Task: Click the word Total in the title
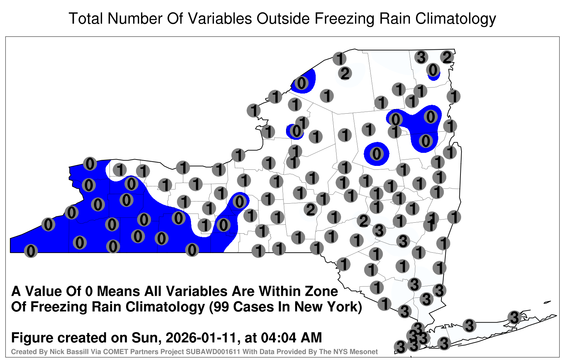pyautogui.click(x=86, y=18)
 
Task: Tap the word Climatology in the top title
pyautogui.click(x=456, y=19)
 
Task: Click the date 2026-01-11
pyautogui.click(x=202, y=338)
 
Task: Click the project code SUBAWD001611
pyautogui.click(x=213, y=352)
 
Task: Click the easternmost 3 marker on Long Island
pyautogui.click(x=514, y=317)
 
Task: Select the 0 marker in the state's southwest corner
pyautogui.click(x=31, y=251)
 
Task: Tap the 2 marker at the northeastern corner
pyautogui.click(x=447, y=58)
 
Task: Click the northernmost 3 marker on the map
pyautogui.click(x=421, y=57)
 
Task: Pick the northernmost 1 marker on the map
pyautogui.click(x=339, y=59)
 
